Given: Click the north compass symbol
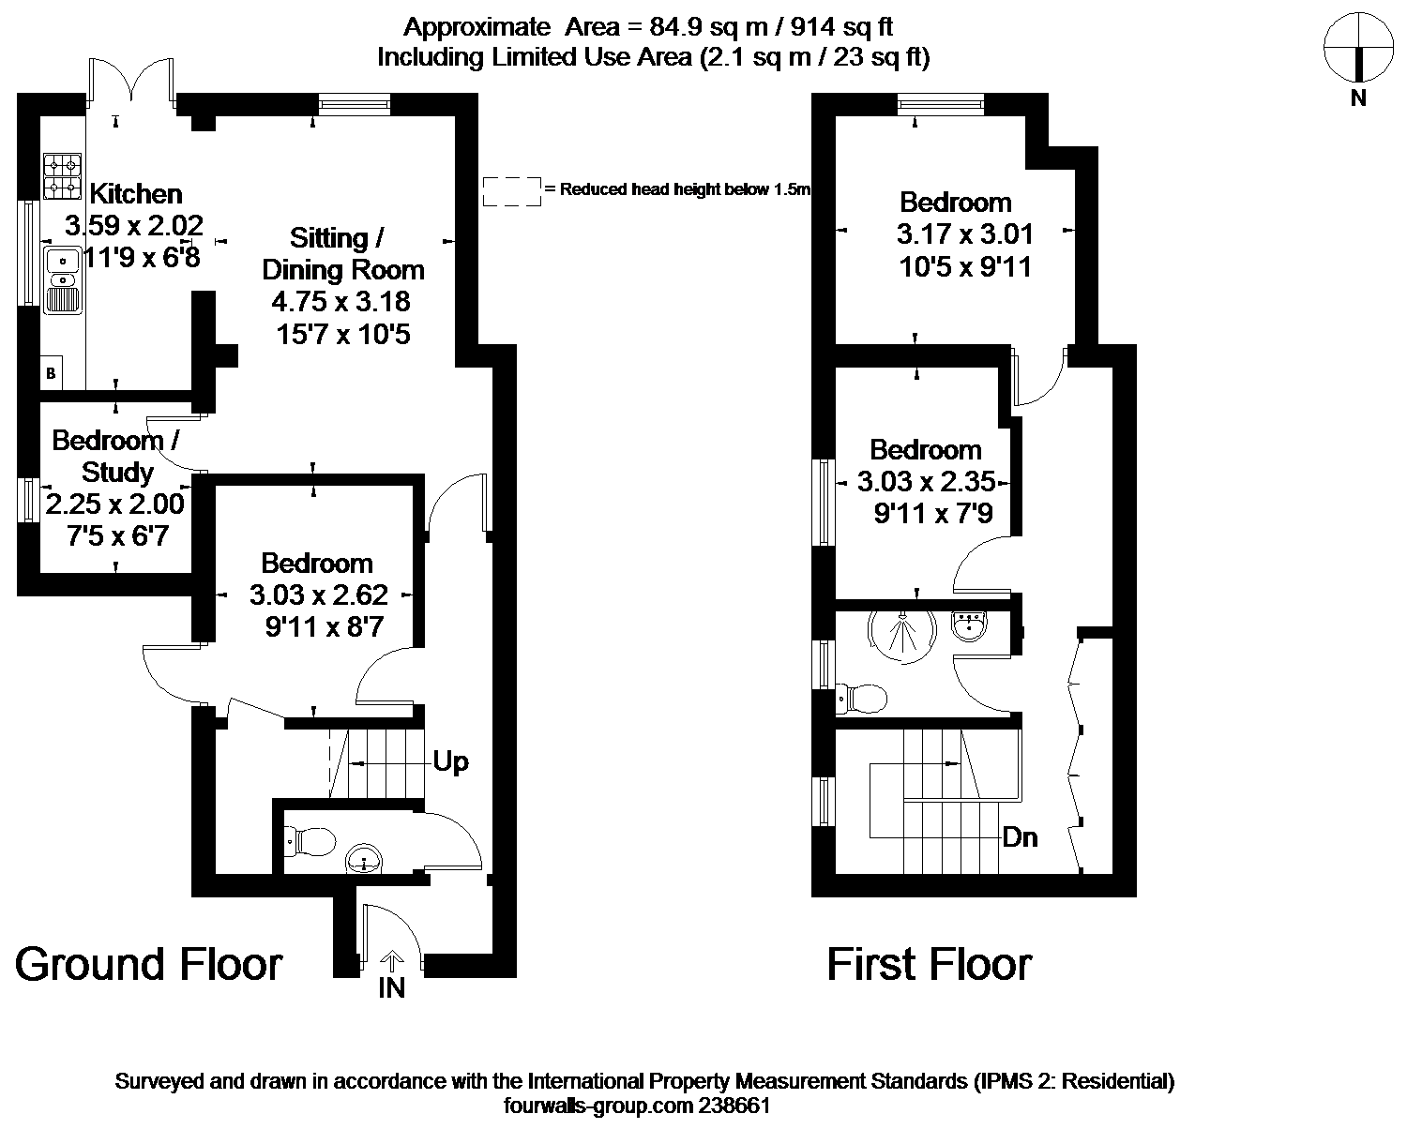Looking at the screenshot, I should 1357,48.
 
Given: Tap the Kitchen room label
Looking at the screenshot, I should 136,194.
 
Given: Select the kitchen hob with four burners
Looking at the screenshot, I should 63,176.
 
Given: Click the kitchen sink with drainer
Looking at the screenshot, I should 63,279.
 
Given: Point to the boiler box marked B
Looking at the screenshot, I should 52,373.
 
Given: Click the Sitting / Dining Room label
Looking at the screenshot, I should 342,254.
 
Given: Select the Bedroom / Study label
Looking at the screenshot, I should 115,455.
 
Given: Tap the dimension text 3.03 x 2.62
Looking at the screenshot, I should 319,595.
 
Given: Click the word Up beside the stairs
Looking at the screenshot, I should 450,762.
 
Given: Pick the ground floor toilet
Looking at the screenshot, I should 310,841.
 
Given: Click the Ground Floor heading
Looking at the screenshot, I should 149,965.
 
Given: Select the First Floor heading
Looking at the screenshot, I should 930,965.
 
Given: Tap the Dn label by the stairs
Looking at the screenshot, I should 1020,837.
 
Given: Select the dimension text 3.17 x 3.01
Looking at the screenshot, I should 964,233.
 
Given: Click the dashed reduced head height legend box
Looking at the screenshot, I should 511,191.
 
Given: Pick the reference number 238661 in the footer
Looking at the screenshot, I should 735,1106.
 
